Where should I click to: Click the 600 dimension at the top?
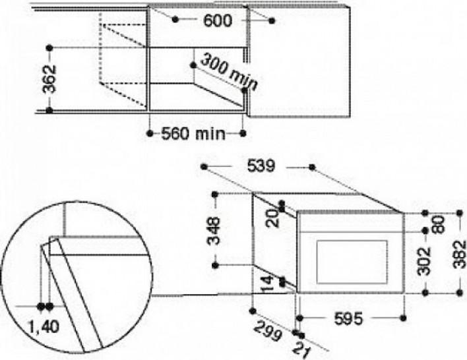coord(217,21)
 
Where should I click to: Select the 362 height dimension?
coord(49,79)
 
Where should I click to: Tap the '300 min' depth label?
coord(228,73)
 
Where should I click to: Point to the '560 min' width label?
coord(193,134)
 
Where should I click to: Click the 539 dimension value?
coord(261,166)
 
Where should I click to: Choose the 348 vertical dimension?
coord(214,231)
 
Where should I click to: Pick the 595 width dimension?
coord(349,318)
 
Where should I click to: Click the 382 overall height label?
coord(460,255)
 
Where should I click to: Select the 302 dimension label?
coord(424,261)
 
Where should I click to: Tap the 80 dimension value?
coord(439,225)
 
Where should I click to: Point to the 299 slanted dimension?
coord(268,330)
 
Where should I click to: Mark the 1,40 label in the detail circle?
coord(44,327)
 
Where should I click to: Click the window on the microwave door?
coord(352,262)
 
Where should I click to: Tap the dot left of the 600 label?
coord(175,20)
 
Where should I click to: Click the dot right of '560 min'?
coord(243,133)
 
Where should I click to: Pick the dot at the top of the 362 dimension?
coord(49,47)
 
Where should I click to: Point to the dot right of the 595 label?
coord(403,318)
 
